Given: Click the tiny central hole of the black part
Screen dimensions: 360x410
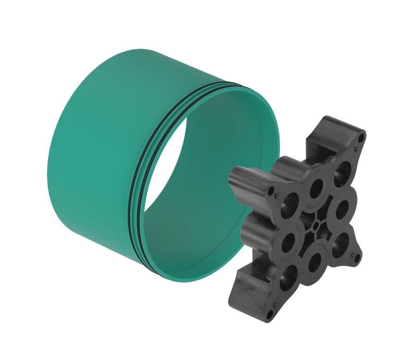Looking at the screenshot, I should click(x=316, y=226).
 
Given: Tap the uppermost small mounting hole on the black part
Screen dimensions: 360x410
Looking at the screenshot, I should click(x=362, y=137).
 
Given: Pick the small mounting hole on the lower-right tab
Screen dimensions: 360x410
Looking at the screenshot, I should click(x=355, y=259).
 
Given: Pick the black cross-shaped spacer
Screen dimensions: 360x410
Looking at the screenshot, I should click(x=299, y=216).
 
